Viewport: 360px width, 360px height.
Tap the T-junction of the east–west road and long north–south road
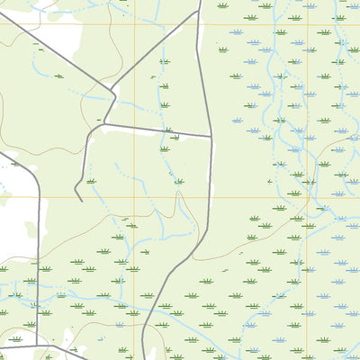point(211,137)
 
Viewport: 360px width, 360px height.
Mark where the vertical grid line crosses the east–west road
point(135,127)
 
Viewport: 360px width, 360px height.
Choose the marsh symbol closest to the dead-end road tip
point(91,181)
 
